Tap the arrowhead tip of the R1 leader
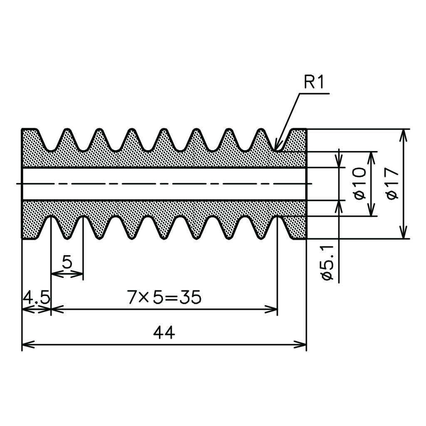point(275,149)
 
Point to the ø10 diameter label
point(360,183)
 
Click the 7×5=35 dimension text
point(164,297)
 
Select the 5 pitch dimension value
point(67,263)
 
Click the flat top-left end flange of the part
point(29,129)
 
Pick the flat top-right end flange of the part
point(300,129)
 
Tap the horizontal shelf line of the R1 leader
point(315,94)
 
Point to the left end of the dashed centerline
point(17,184)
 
